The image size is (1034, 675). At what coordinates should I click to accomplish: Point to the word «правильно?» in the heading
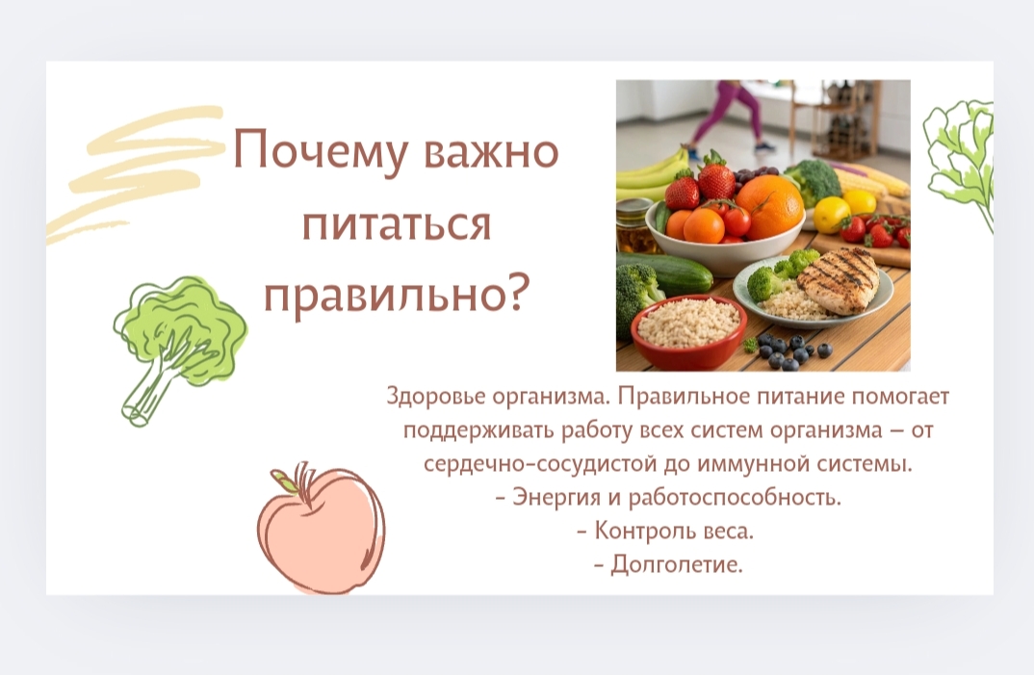coord(397,296)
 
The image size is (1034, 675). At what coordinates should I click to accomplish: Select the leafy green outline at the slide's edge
coord(960,158)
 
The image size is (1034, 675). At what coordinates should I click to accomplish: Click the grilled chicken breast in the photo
coord(839,277)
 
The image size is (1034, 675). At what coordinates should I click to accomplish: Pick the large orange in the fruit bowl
coord(771,206)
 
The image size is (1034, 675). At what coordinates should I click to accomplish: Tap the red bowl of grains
coord(688,330)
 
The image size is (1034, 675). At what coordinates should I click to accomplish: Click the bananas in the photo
coord(651,175)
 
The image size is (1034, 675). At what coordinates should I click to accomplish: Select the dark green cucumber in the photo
coord(666,273)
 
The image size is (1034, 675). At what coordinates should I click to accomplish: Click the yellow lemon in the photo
coord(832,214)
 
